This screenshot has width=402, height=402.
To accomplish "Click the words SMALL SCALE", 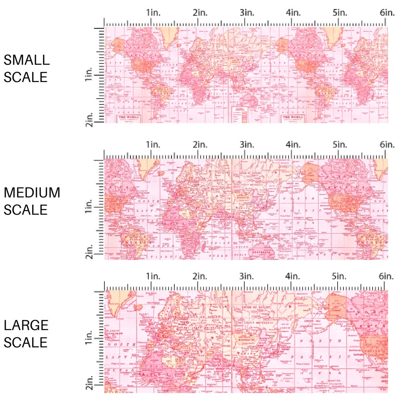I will tap(27, 68).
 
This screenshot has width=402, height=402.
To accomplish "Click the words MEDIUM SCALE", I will tap(32, 201).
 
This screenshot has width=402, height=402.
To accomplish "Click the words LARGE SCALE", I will tap(26, 333).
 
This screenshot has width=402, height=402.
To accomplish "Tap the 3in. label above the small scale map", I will tap(247, 13).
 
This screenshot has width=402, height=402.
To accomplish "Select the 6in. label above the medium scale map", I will tap(387, 144).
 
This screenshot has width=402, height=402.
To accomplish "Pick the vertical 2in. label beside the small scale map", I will tap(90, 119).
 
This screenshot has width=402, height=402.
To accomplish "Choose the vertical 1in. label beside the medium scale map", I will tap(90, 206).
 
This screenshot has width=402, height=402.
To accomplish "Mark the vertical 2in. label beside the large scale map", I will tap(90, 383).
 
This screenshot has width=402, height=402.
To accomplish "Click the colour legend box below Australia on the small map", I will tap(240, 115).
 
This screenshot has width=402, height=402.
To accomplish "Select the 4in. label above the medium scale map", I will tap(293, 144).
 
